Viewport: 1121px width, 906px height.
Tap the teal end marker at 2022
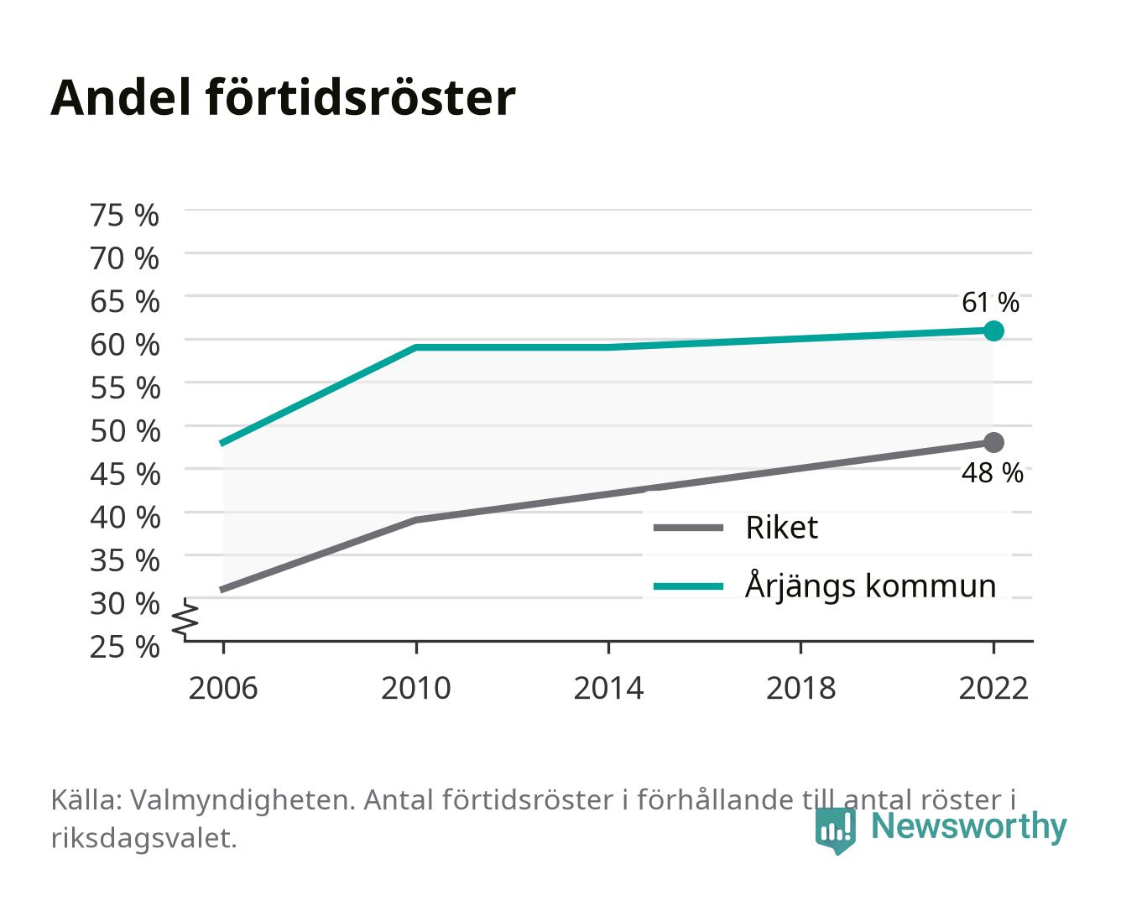point(993,331)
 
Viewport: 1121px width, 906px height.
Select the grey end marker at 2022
point(993,442)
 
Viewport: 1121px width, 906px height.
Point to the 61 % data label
point(990,303)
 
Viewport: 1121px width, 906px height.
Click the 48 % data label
point(992,472)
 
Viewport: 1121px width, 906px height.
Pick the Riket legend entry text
point(781,527)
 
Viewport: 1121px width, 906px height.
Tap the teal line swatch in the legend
point(688,586)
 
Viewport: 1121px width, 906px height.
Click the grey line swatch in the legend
point(688,528)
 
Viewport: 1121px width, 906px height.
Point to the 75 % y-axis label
point(124,216)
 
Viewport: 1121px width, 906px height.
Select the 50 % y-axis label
point(125,431)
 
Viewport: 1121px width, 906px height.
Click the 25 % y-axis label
point(124,647)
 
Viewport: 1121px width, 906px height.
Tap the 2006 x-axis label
point(223,688)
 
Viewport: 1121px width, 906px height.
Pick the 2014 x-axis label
point(608,688)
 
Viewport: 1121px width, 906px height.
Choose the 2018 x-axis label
point(800,688)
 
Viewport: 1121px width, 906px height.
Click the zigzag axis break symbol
point(185,619)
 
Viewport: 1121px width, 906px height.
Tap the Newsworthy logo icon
point(835,830)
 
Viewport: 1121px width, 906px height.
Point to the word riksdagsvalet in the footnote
point(143,838)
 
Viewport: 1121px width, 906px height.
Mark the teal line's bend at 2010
point(416,347)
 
